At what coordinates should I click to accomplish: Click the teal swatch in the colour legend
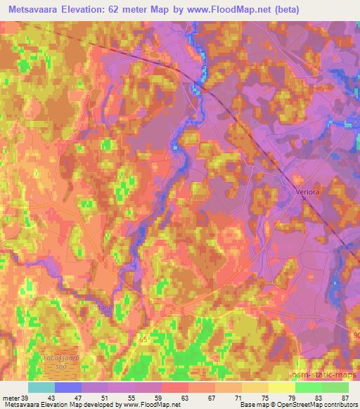pyautogui.click(x=41, y=387)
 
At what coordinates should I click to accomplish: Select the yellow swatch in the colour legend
pyautogui.click(x=282, y=387)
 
